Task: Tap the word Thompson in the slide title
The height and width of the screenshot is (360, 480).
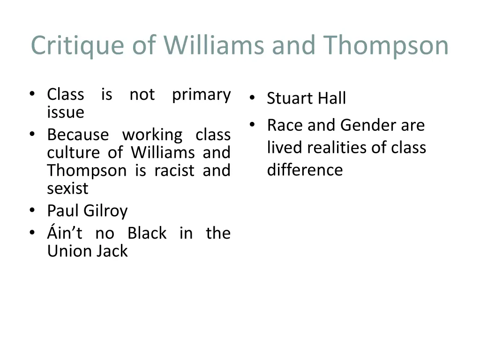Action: point(385,46)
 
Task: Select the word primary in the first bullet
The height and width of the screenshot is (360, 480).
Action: point(201,95)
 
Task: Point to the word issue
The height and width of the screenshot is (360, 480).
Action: point(66,112)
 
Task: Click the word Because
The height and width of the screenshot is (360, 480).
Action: point(78,135)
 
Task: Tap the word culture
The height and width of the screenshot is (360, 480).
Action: point(73,153)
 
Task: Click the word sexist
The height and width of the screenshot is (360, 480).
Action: point(67,188)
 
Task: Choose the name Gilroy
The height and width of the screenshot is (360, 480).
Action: point(105,211)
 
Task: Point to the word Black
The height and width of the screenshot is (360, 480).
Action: point(147,233)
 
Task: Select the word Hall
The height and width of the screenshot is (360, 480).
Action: point(331,98)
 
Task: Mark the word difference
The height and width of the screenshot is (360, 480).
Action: point(305,170)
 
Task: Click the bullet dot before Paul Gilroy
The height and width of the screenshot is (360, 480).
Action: point(32,211)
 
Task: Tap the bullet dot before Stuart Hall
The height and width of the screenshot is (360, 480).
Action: point(252,98)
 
